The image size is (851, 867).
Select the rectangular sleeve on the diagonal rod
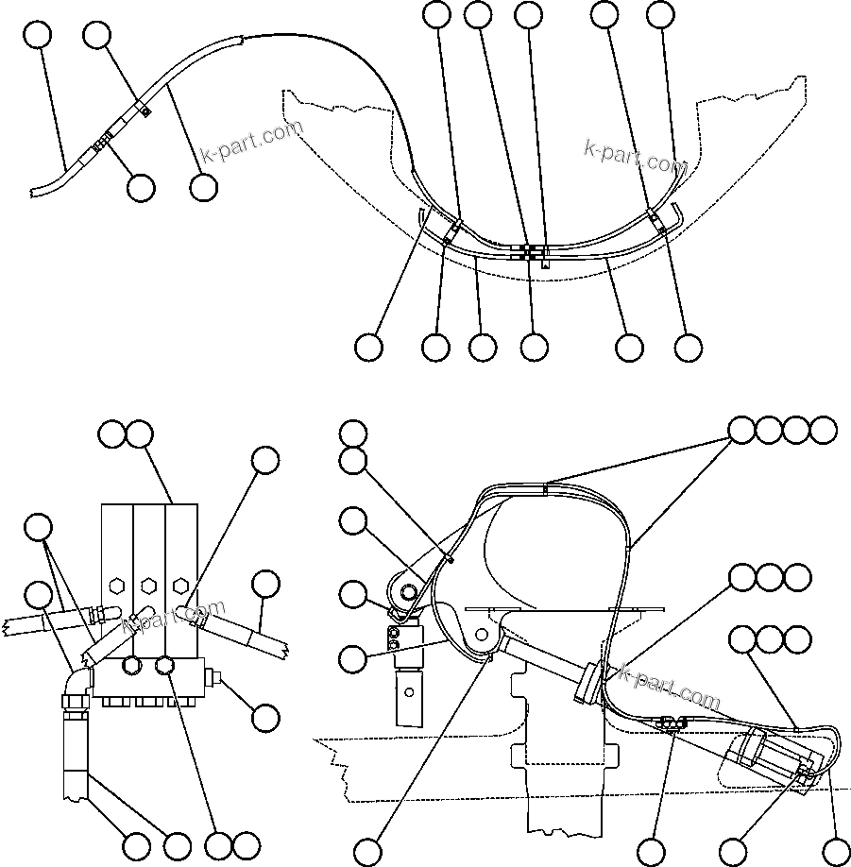tap(587, 683)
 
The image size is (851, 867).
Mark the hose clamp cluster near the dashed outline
tap(667, 724)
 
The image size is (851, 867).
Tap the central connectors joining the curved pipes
tap(532, 252)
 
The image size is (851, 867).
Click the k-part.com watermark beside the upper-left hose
tap(252, 142)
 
